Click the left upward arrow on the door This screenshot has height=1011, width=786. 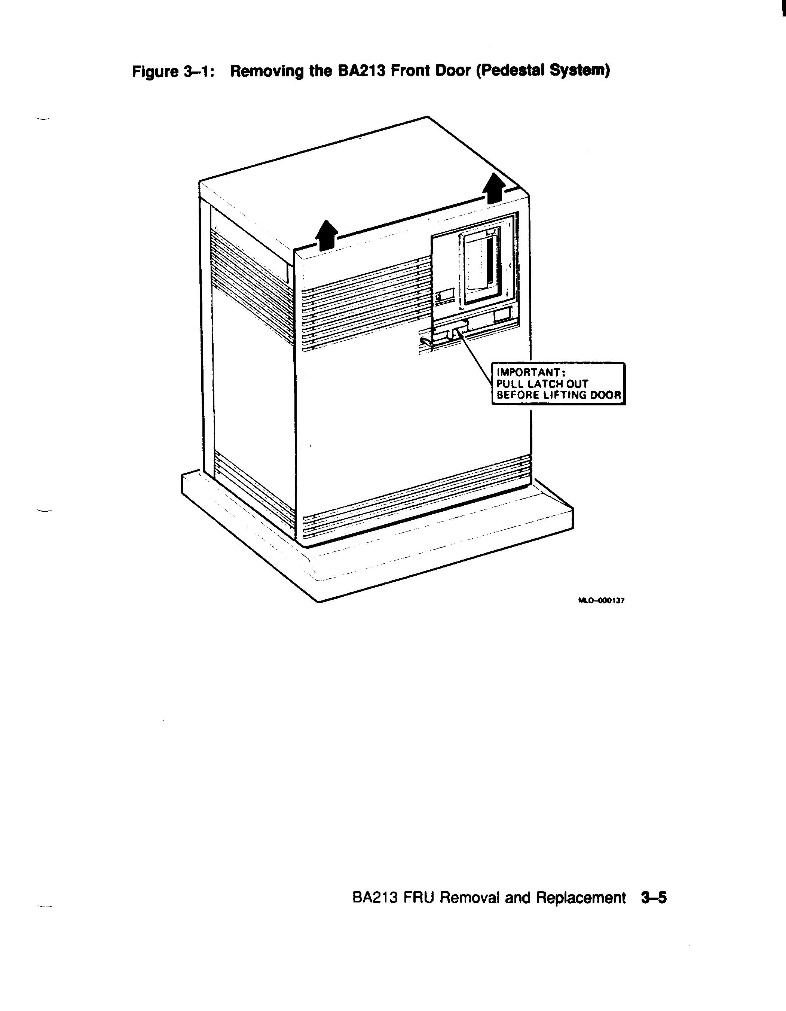(x=327, y=235)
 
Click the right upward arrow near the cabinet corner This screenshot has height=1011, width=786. (x=494, y=188)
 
